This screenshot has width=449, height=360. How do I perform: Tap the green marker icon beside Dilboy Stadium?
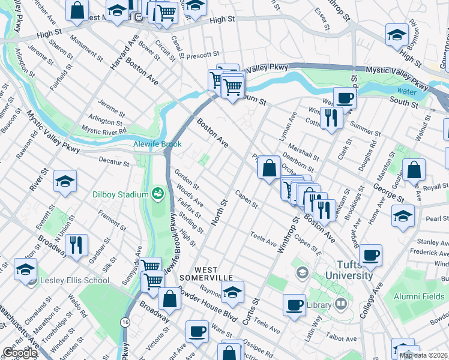(x=158, y=193)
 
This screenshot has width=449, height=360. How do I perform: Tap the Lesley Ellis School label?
(x=74, y=280)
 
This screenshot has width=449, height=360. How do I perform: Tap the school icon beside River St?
(x=65, y=182)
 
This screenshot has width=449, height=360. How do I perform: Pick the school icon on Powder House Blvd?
(x=232, y=292)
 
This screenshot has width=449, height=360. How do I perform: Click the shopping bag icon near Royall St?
(x=414, y=170)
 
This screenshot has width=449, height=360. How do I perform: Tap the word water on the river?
(x=406, y=92)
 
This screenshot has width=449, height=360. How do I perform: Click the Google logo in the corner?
(x=20, y=353)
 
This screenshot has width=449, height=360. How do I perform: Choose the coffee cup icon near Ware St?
(x=197, y=332)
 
